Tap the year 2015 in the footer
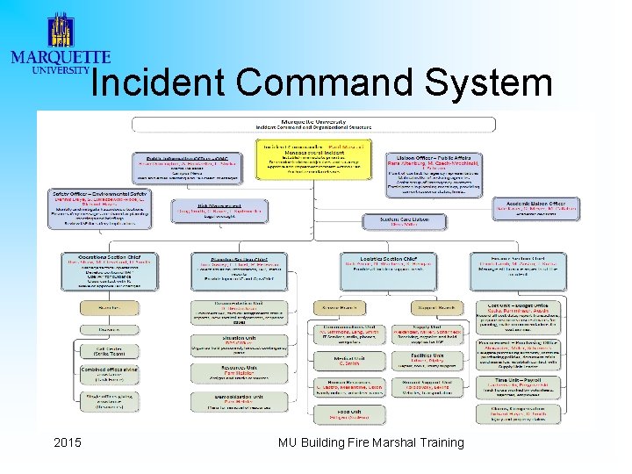tap(67, 442)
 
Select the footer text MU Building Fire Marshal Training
tap(370, 442)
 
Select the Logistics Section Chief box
tap(389, 268)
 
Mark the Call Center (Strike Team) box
tap(110, 349)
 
